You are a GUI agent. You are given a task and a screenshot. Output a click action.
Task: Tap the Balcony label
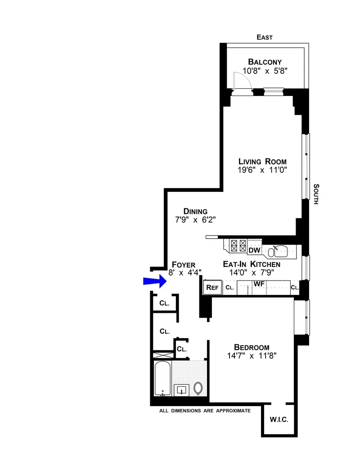[265, 62]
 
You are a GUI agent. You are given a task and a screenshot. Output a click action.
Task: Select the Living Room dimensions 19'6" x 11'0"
[262, 170]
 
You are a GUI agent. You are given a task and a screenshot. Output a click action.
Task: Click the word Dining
[195, 211]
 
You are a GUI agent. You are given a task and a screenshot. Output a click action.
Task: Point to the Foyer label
[184, 265]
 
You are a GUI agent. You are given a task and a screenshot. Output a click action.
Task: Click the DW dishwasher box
[254, 250]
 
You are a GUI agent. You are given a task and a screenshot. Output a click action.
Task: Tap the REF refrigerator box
[212, 287]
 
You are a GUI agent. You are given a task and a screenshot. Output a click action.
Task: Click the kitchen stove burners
[238, 246]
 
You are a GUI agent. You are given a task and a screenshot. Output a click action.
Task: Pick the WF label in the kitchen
[258, 284]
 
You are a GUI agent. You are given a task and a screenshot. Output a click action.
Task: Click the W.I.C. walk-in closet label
[279, 420]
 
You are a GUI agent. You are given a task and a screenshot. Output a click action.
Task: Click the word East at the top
[265, 37]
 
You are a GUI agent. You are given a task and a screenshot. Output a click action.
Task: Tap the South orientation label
[316, 194]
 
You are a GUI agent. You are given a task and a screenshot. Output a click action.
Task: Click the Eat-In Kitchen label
[252, 264]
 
